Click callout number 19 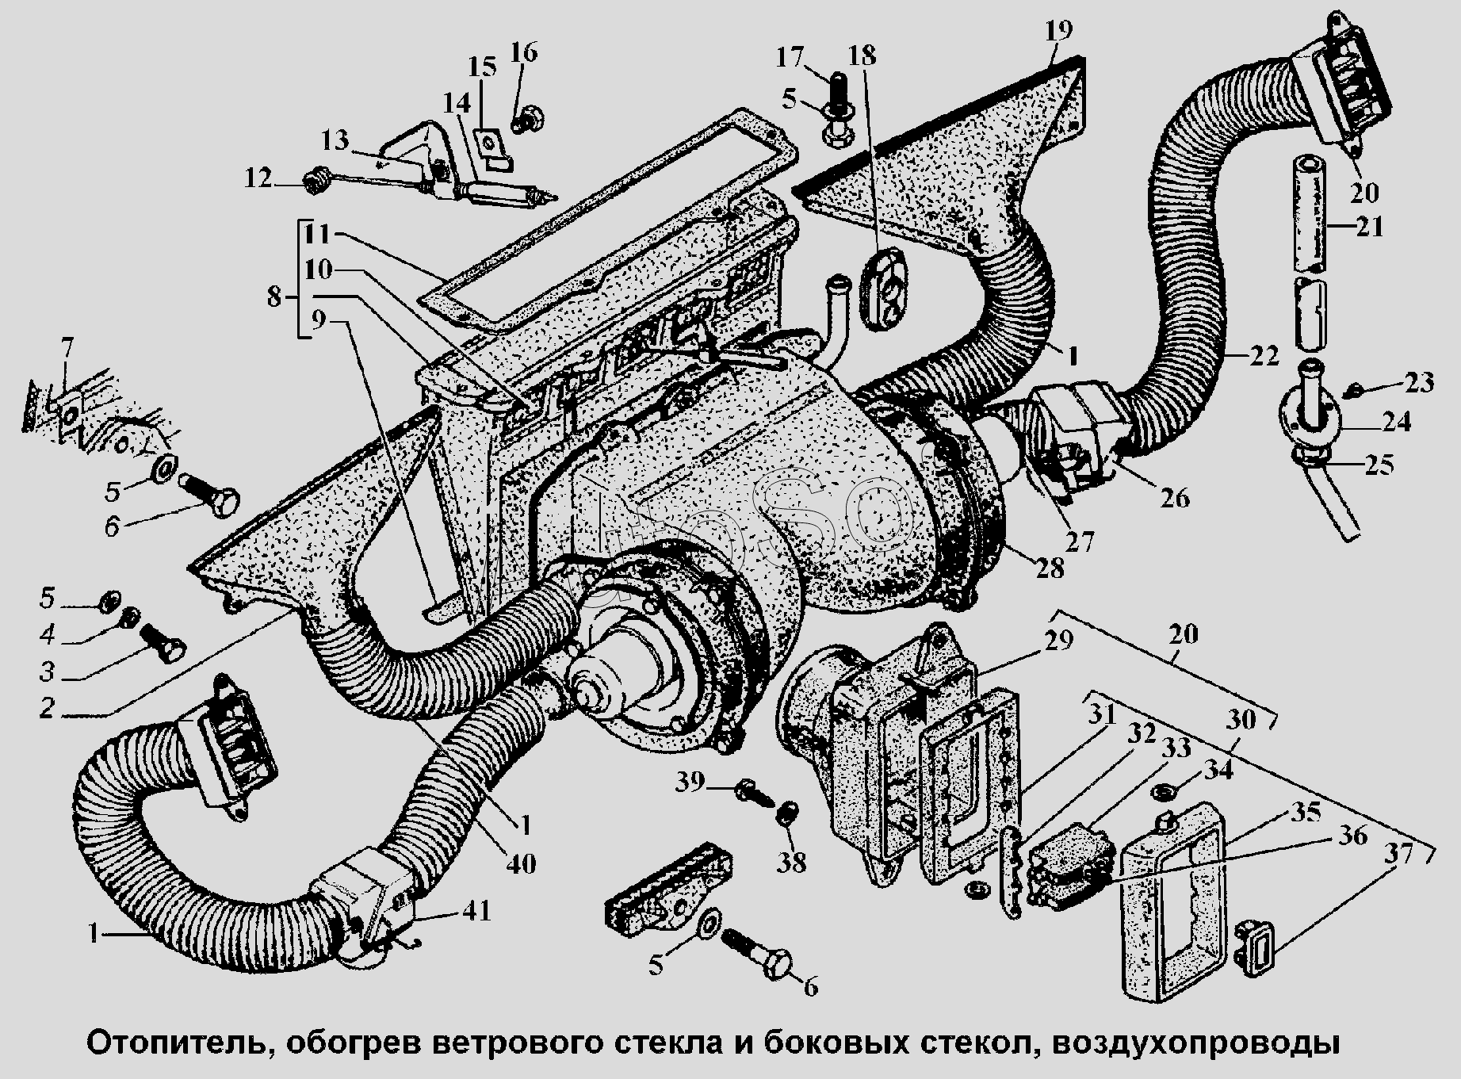pos(1058,31)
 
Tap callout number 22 pos(1263,356)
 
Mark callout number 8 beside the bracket pos(273,298)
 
